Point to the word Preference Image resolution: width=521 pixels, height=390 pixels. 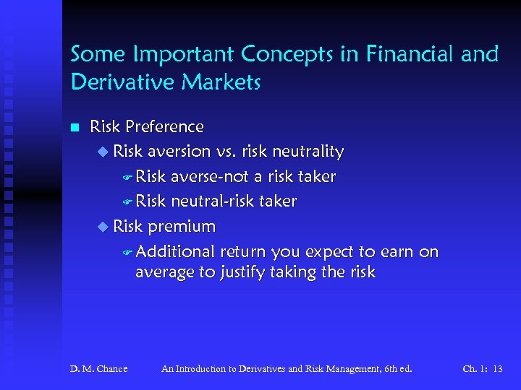click(165, 127)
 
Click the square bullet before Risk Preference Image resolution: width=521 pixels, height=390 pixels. click(74, 128)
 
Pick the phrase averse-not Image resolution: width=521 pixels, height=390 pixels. click(210, 177)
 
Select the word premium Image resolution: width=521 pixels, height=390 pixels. click(182, 227)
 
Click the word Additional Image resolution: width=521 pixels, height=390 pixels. click(175, 251)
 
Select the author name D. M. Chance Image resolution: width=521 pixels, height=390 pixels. click(98, 369)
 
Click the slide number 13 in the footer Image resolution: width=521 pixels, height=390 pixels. click(496, 369)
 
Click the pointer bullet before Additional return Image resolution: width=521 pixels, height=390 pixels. click(127, 252)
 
